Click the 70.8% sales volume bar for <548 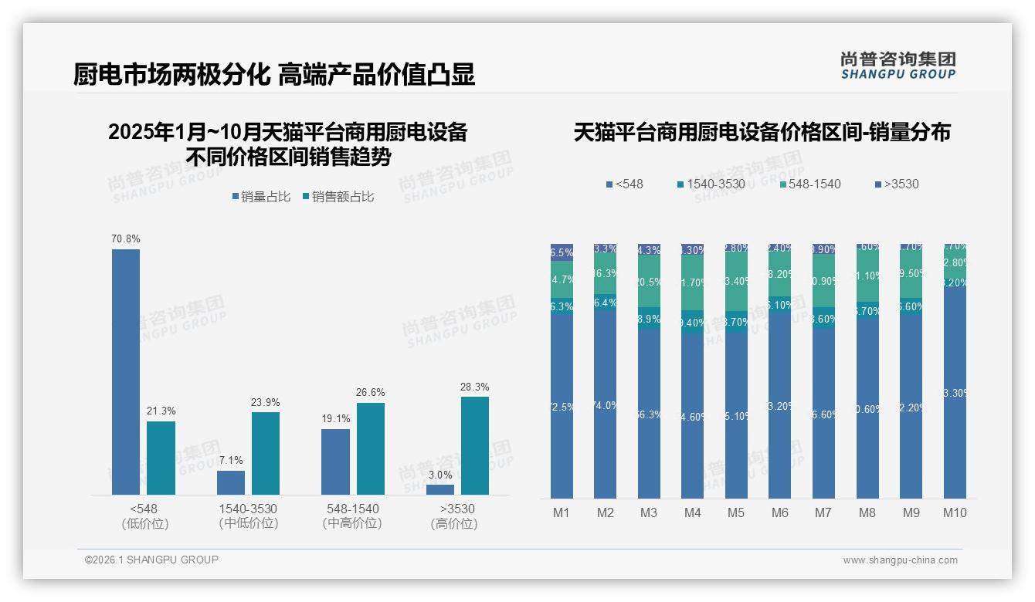click(x=126, y=371)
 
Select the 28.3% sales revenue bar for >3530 click(x=474, y=445)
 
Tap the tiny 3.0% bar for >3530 click(x=440, y=489)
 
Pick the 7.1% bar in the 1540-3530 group click(x=231, y=482)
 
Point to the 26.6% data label click(x=371, y=393)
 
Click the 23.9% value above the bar click(x=266, y=402)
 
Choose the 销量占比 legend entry click(x=261, y=197)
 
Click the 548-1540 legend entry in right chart click(x=810, y=184)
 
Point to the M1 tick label click(x=562, y=512)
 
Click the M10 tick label click(x=955, y=512)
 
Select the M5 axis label click(x=736, y=512)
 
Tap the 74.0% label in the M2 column click(x=605, y=405)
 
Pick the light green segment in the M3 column click(x=649, y=282)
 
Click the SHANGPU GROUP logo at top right click(x=898, y=66)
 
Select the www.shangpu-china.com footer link click(x=900, y=560)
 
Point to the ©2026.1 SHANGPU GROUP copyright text click(x=151, y=560)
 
